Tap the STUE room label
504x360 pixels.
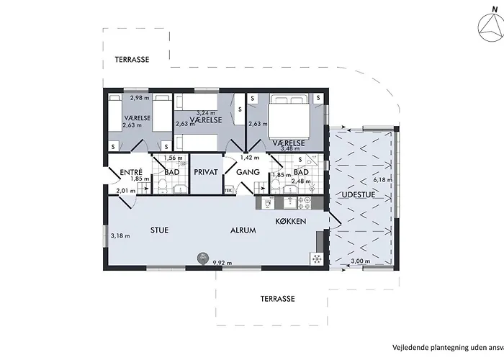coord(159,231)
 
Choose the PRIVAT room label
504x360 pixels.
coord(206,173)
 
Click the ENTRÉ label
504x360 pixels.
coord(132,173)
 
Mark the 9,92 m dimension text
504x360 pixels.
coord(221,264)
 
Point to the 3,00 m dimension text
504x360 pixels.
coord(360,261)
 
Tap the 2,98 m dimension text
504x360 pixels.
coord(139,98)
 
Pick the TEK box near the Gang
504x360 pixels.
coord(229,190)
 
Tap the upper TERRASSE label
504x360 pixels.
coord(132,60)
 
